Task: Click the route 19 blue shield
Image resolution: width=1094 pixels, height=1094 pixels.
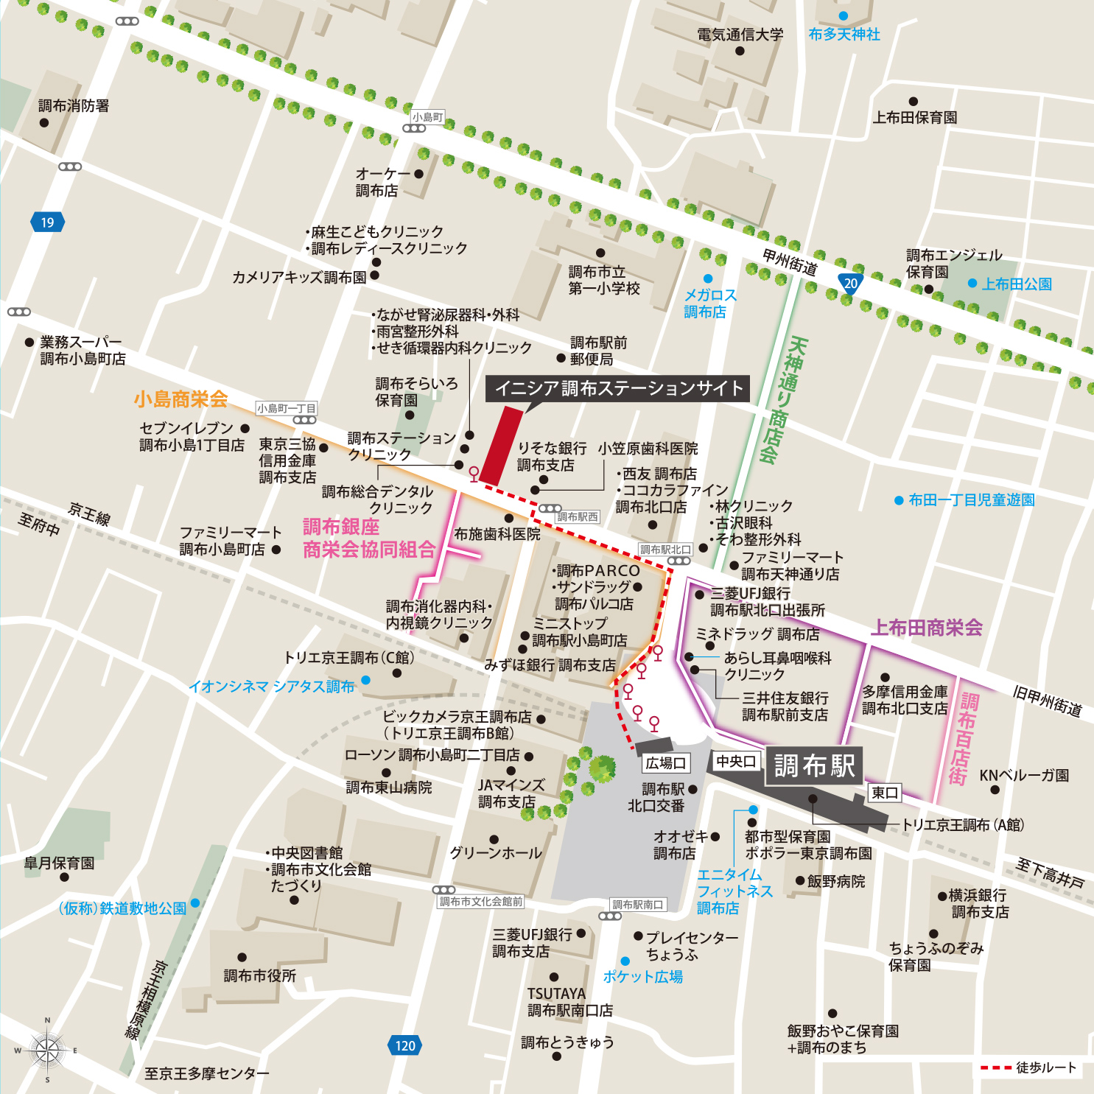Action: tap(47, 222)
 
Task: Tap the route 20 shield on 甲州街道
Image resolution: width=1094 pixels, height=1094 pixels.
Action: tap(851, 284)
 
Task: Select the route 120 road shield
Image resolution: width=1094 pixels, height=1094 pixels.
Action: tap(404, 1045)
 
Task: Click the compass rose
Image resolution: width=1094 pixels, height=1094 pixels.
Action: tap(47, 1050)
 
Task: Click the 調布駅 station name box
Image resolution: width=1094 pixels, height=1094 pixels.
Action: tap(813, 766)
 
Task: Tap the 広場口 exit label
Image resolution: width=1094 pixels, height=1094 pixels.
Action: tap(666, 763)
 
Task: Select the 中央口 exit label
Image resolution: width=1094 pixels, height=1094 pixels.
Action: tap(736, 761)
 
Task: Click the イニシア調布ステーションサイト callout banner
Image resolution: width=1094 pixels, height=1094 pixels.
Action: tap(617, 388)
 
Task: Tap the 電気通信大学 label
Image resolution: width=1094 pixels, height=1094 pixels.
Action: tap(740, 35)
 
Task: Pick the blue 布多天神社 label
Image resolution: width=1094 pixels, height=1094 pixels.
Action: tap(844, 35)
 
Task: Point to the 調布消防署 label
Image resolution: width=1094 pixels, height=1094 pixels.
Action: tap(74, 106)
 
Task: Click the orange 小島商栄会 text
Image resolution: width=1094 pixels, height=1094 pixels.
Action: tap(180, 399)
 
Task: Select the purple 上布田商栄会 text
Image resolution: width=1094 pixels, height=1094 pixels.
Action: tap(927, 628)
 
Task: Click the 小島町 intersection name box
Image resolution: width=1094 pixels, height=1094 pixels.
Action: tap(427, 117)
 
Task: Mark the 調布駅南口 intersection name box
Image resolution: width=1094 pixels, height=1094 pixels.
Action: tap(638, 905)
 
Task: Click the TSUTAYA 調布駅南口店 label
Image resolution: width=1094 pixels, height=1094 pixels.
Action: tap(569, 1002)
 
